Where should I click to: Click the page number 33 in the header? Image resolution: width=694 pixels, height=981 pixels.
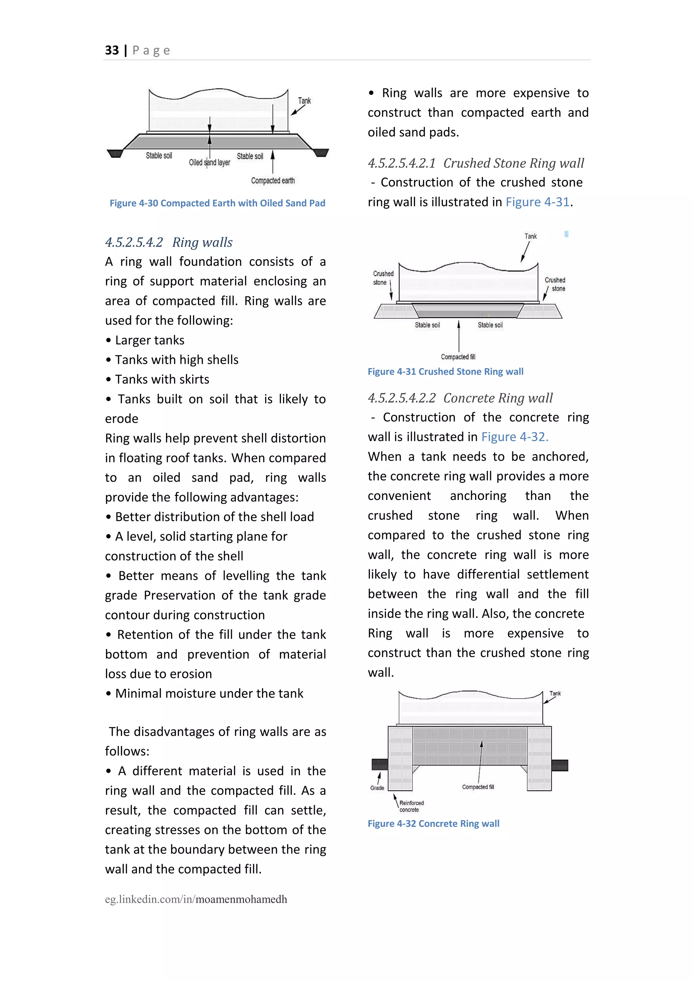click(x=112, y=50)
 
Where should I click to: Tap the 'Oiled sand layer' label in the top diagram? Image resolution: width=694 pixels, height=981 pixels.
click(x=209, y=163)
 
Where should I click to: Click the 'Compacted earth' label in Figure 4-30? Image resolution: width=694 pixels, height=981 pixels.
click(x=273, y=181)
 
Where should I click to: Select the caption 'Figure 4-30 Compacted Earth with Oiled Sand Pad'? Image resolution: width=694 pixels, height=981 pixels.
click(x=217, y=203)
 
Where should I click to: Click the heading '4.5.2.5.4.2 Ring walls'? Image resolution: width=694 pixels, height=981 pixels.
click(x=169, y=242)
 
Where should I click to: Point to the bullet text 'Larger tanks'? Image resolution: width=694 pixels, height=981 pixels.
click(x=149, y=340)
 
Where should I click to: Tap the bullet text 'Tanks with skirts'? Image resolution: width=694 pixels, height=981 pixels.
click(x=162, y=379)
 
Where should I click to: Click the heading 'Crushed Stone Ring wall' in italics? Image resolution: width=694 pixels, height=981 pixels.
click(x=513, y=163)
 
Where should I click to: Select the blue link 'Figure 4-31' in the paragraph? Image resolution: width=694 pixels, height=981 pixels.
click(x=537, y=202)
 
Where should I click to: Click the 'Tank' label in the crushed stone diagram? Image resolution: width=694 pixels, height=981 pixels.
click(x=530, y=236)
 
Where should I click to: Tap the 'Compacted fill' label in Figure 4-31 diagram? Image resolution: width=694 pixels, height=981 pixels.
click(x=458, y=357)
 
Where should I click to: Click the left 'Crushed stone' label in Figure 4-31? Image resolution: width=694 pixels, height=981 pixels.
click(x=383, y=278)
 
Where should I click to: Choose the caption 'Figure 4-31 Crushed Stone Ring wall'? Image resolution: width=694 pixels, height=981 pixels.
click(x=445, y=372)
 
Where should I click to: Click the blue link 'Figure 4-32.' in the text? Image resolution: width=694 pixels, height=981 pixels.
click(x=514, y=437)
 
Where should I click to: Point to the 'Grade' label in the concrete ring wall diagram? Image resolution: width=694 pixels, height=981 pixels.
click(x=377, y=788)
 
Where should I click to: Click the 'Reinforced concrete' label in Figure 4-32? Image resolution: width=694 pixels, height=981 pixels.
click(x=411, y=806)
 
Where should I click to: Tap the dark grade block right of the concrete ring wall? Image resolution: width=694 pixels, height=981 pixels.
click(x=559, y=765)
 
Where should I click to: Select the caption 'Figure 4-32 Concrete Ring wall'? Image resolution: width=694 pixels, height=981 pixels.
click(x=433, y=824)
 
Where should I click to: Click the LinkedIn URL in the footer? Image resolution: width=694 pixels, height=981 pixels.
click(x=196, y=899)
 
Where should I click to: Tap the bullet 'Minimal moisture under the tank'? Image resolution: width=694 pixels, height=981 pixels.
click(x=209, y=693)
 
